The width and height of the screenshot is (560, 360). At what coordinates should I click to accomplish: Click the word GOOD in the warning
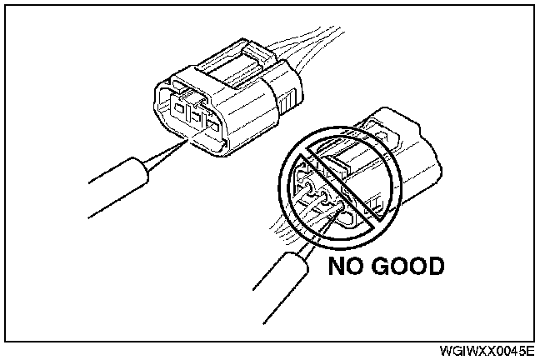tap(407, 267)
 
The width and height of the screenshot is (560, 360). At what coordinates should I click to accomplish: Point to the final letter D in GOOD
tap(432, 267)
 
